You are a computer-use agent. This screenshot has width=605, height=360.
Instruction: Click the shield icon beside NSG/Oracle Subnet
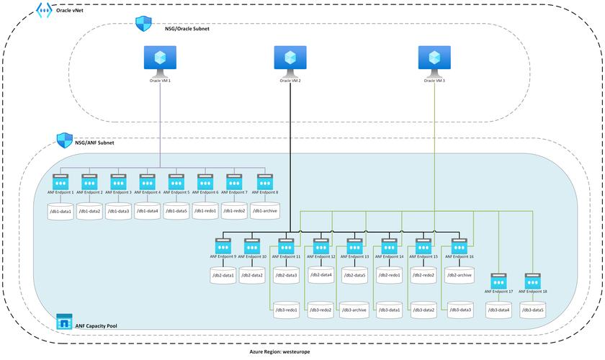(143, 24)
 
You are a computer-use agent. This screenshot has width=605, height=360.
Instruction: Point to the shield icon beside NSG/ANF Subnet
(65, 140)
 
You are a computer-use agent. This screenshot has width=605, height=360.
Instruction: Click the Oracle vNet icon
(43, 10)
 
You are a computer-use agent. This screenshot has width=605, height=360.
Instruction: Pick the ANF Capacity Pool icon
(65, 320)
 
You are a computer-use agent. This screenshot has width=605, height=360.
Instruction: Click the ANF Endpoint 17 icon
(500, 281)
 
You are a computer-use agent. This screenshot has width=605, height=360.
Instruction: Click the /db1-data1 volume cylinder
(60, 211)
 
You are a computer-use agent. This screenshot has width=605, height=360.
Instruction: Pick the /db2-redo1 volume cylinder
(389, 275)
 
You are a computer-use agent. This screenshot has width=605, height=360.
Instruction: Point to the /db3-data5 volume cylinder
(533, 310)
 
